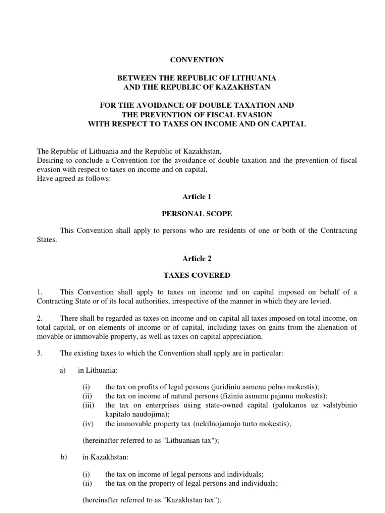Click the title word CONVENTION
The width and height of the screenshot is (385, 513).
pos(197,60)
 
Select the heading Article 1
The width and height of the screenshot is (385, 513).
pos(197,197)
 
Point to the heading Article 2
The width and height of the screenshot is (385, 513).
pos(197,259)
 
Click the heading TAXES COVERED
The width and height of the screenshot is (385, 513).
pos(197,275)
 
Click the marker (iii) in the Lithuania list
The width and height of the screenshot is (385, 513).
pos(88,405)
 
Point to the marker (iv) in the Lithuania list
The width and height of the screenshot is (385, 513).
pos(88,423)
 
